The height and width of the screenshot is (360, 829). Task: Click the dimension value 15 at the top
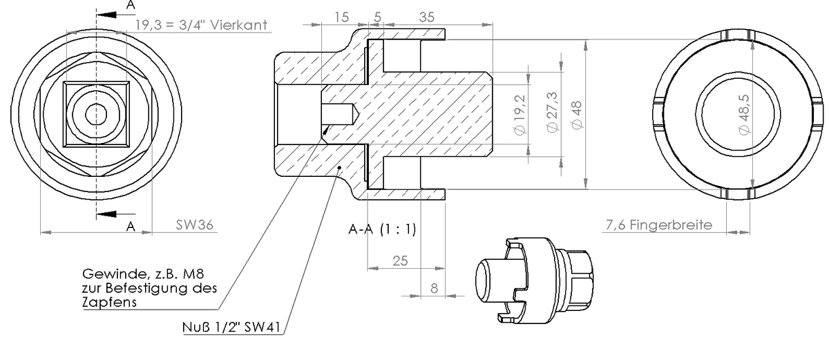pyautogui.click(x=341, y=17)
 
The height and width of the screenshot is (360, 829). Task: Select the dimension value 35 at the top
pyautogui.click(x=427, y=17)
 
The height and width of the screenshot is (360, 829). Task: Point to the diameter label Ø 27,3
pyautogui.click(x=552, y=113)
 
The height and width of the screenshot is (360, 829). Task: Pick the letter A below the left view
pyautogui.click(x=129, y=226)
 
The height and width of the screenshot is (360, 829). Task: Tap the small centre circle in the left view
pyautogui.click(x=96, y=115)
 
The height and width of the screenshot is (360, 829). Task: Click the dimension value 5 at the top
pyautogui.click(x=377, y=17)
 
